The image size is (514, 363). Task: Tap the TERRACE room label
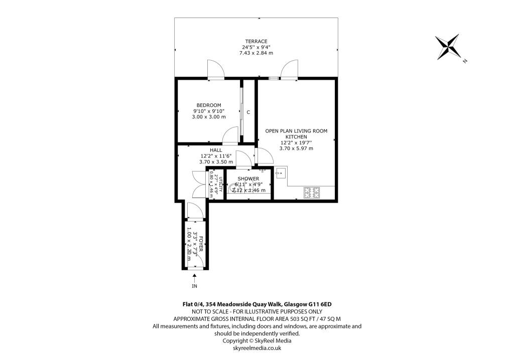[x=256, y=41]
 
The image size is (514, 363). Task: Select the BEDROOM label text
[x=208, y=105]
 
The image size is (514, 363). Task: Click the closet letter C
[x=248, y=112]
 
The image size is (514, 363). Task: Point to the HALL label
[x=216, y=150]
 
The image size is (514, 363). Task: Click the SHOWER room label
[x=248, y=178]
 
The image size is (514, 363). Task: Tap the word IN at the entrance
[x=194, y=286]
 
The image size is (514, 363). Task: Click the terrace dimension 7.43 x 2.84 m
[x=256, y=53]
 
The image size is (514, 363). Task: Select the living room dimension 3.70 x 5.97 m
[x=296, y=148]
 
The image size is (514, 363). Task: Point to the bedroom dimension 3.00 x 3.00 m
[x=209, y=117]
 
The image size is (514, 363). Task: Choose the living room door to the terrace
[x=289, y=71]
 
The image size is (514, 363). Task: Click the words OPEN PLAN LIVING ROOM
[x=296, y=131]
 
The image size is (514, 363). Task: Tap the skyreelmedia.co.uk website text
[x=256, y=348]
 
